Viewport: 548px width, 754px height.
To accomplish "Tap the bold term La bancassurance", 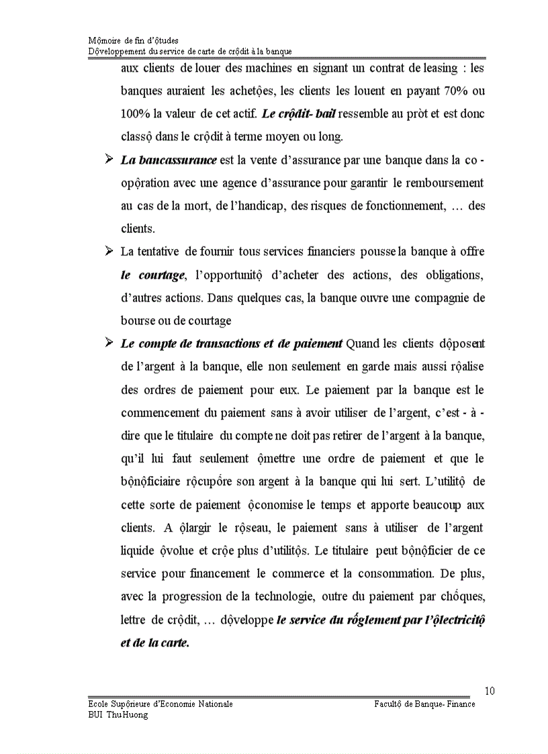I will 169,160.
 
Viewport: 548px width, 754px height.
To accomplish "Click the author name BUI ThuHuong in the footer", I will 118,714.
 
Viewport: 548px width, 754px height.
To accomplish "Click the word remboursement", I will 443,183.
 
